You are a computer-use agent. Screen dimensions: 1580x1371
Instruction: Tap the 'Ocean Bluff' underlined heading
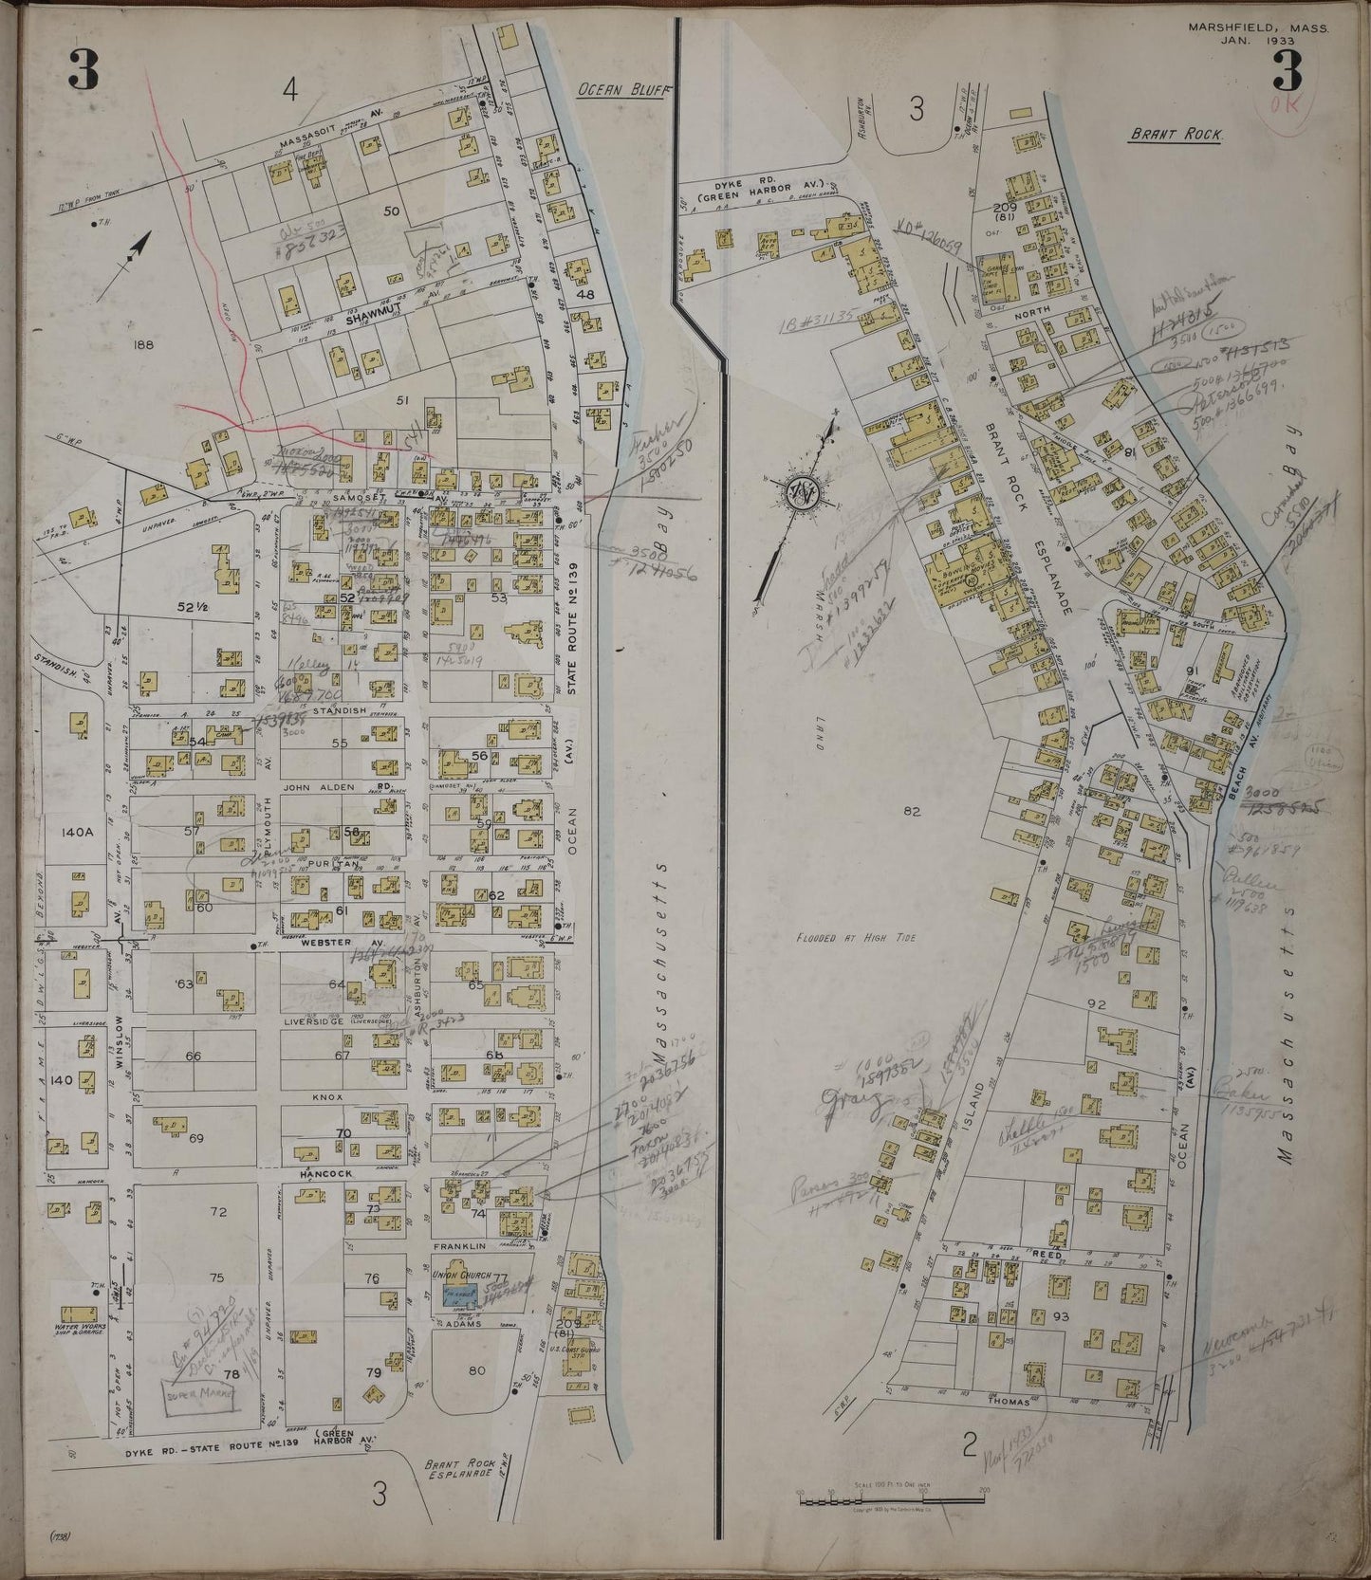(621, 90)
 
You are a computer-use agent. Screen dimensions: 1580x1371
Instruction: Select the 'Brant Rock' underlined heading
(1176, 135)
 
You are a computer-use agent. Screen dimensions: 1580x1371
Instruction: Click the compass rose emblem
(797, 494)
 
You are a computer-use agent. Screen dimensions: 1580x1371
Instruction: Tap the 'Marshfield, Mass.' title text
(1258, 28)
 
